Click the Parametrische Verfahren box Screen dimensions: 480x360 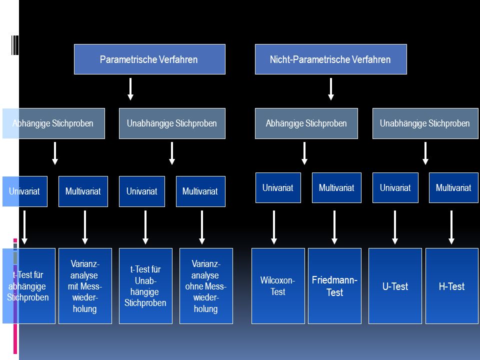click(x=149, y=59)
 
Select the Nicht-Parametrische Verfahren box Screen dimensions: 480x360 click(x=331, y=59)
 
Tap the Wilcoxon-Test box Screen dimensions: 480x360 click(x=278, y=286)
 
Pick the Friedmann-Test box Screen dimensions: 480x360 click(x=334, y=286)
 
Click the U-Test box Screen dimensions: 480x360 click(x=395, y=286)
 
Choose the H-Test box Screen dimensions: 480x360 click(x=452, y=286)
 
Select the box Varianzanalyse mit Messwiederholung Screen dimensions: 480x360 click(x=85, y=286)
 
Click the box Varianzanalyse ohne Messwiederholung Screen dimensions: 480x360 click(x=206, y=286)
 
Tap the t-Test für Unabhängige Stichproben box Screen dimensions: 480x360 click(x=145, y=286)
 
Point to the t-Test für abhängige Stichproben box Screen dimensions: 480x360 click(x=29, y=286)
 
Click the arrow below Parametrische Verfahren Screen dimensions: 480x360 click(x=130, y=89)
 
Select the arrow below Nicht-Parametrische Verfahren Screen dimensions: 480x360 click(x=331, y=89)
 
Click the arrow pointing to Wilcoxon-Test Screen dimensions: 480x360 click(x=274, y=227)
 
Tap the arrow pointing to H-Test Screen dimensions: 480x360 click(x=451, y=227)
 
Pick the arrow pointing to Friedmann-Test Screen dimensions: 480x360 click(x=334, y=227)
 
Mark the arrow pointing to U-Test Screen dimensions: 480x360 click(x=395, y=227)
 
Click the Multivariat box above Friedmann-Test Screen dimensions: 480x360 click(x=336, y=187)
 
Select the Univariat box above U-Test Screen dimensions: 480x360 click(x=395, y=187)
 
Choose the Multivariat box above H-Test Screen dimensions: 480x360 click(x=453, y=187)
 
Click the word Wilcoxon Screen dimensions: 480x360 click(x=276, y=280)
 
